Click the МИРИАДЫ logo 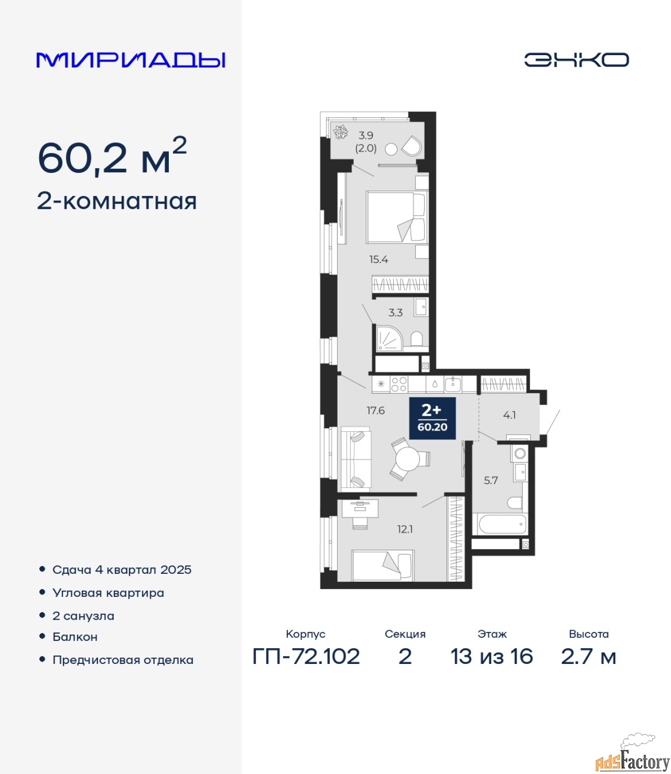coord(131,60)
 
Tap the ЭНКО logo coord(576,60)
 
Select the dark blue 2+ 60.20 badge coord(433,418)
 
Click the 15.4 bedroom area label coord(378,259)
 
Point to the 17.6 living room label coord(376,411)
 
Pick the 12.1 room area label coord(405,529)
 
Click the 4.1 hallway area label coord(509,415)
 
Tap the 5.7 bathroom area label coord(491,480)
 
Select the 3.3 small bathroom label coord(395,312)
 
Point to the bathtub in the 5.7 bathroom coord(500,524)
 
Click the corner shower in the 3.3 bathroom coord(389,338)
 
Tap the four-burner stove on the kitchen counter coord(399,385)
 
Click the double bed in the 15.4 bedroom coord(397,217)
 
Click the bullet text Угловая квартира coord(108,593)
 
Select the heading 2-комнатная coord(117,201)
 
